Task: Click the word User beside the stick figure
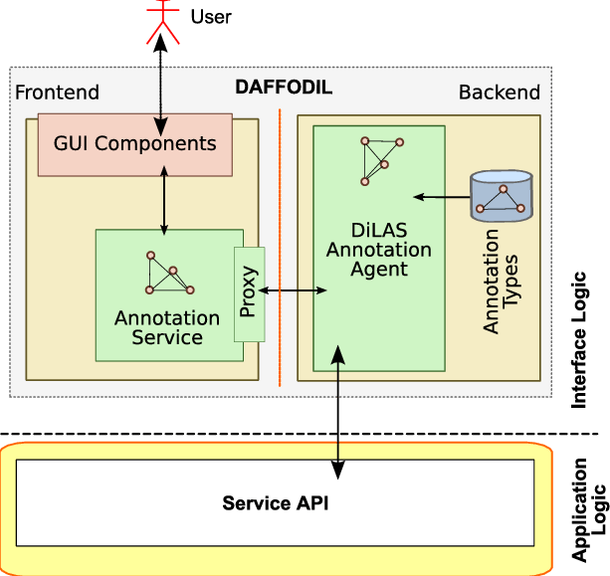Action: tap(211, 17)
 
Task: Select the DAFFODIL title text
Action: tap(284, 88)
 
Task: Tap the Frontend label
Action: tap(57, 93)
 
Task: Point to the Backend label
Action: tap(500, 93)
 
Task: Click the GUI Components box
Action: tap(135, 144)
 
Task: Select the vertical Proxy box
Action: tap(250, 294)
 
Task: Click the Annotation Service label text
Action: tap(167, 327)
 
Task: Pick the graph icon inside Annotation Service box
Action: tap(169, 273)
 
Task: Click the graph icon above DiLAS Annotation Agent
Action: tap(382, 161)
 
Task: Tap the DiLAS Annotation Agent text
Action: tap(379, 250)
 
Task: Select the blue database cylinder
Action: tap(502, 196)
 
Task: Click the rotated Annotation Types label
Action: tap(501, 282)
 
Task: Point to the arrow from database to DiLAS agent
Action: tap(442, 197)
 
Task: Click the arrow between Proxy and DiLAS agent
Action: tap(293, 290)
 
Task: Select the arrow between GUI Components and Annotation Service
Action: tap(164, 201)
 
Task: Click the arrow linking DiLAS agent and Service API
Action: tap(338, 412)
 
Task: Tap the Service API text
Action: tap(275, 503)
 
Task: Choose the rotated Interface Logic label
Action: tap(578, 340)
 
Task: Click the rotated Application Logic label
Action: tap(588, 510)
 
